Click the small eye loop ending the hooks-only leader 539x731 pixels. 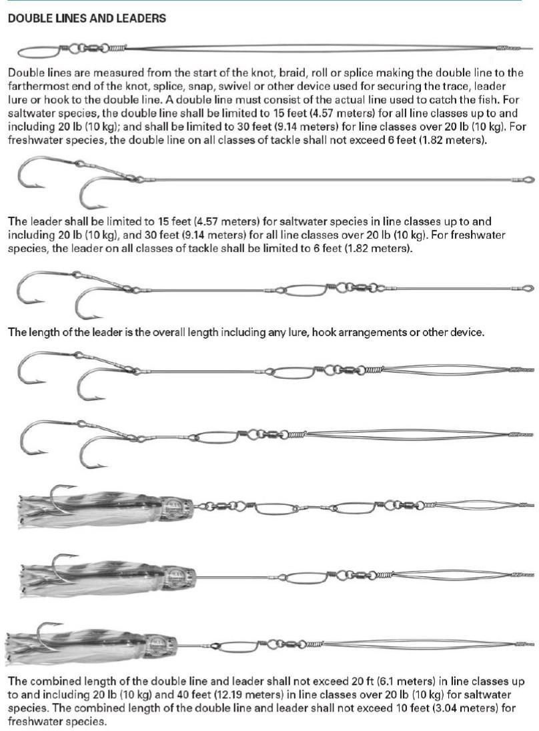coord(528,179)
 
